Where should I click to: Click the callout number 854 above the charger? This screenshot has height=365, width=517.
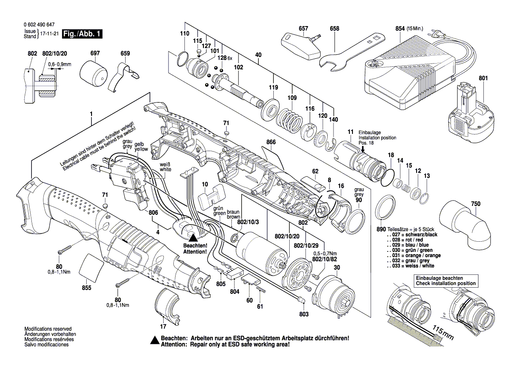(400, 29)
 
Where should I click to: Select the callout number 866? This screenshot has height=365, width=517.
(271, 142)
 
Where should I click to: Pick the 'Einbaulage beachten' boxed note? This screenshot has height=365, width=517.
(445, 280)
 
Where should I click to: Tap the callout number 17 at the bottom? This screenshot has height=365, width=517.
(162, 327)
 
